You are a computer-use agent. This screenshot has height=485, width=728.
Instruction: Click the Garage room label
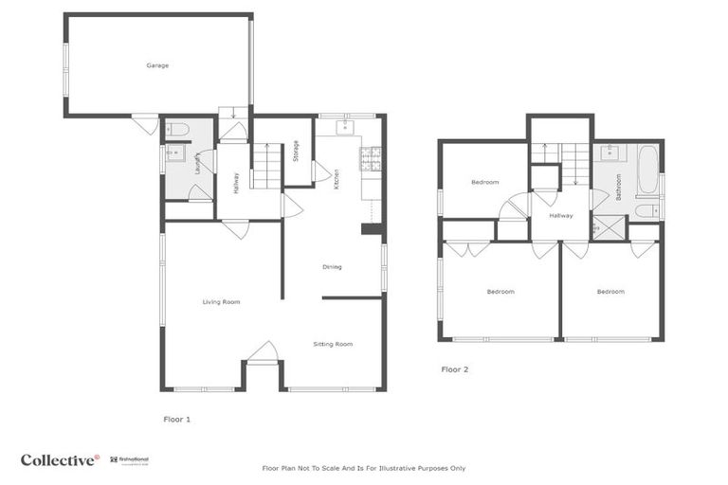[157, 65]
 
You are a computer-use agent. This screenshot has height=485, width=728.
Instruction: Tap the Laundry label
[197, 163]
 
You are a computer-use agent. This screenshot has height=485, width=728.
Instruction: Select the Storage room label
[296, 150]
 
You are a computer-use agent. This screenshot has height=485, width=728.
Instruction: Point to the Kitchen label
[337, 180]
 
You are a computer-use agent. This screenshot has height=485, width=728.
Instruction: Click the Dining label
[332, 267]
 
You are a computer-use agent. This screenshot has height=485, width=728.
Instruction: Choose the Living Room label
[221, 302]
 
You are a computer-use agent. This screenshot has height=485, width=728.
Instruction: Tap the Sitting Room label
[333, 344]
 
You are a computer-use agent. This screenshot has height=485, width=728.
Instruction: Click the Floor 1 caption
[177, 418]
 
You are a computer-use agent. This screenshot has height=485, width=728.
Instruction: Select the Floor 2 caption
[455, 369]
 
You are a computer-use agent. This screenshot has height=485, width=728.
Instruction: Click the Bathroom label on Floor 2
[619, 186]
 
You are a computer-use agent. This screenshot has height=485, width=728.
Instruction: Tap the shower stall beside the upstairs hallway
[604, 227]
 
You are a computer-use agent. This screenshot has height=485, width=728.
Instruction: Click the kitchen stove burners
[370, 158]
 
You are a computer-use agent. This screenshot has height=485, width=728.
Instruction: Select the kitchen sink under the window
[346, 125]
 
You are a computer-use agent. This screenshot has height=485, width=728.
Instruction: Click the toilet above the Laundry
[180, 130]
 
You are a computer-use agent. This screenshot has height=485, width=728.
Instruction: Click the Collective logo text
[60, 460]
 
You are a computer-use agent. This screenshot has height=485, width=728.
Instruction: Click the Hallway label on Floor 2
[559, 216]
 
